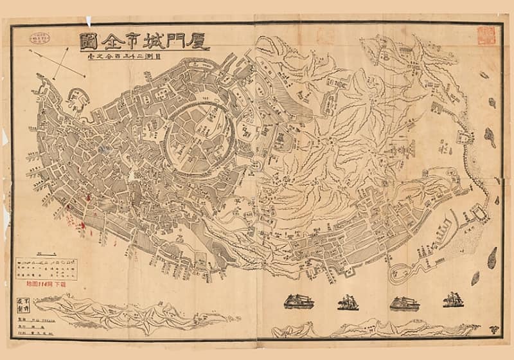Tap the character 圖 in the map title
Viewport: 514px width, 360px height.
coord(89,42)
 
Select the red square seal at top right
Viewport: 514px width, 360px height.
coord(486,35)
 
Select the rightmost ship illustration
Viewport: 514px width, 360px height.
coord(455,300)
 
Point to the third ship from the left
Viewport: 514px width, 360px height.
coord(404,302)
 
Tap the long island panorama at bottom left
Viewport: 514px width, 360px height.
coord(128,315)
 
